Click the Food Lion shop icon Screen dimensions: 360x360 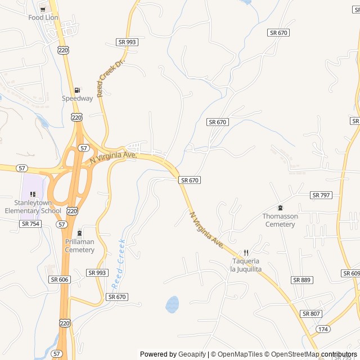click(43, 9)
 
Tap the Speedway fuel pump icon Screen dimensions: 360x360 click(77, 90)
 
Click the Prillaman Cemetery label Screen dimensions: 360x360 click(79, 246)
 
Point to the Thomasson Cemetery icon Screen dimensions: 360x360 click(280, 208)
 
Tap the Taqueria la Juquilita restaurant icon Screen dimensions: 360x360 click(246, 253)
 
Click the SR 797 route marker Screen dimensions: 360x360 click(321, 195)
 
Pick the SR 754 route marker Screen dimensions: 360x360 click(30, 223)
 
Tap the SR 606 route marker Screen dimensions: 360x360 click(59, 280)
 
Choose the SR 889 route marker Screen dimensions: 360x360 click(302, 280)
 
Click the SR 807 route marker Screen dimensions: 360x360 click(311, 313)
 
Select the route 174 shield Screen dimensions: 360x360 click(323, 328)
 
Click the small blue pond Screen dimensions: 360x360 click(172, 304)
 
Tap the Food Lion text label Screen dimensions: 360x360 click(43, 17)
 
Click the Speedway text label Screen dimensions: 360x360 click(77, 98)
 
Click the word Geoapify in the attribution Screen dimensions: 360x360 click(192, 354)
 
